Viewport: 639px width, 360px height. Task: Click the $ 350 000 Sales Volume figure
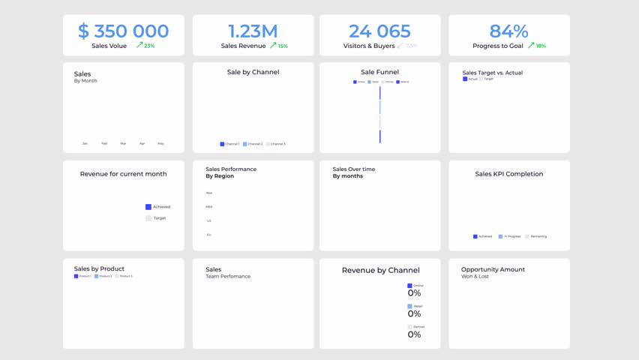(x=124, y=31)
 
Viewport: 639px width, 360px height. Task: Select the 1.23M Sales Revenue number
(x=253, y=31)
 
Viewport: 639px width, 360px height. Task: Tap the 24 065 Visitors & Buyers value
(x=379, y=31)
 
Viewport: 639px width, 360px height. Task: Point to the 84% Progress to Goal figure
(x=508, y=31)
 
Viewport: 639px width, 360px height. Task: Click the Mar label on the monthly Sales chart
(x=123, y=143)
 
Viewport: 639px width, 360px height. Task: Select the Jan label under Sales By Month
(x=85, y=143)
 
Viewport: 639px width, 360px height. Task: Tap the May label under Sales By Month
(x=160, y=143)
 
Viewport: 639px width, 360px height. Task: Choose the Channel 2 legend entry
(x=253, y=144)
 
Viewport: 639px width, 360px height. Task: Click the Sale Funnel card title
(x=379, y=72)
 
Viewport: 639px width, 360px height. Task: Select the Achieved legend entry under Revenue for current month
(x=158, y=207)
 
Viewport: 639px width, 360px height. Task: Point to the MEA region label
(x=209, y=207)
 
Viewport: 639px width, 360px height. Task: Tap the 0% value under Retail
(x=414, y=313)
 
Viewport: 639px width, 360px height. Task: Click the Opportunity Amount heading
(x=493, y=269)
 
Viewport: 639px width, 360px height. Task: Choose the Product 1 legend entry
(x=83, y=276)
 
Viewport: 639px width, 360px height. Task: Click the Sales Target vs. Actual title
(x=492, y=73)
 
